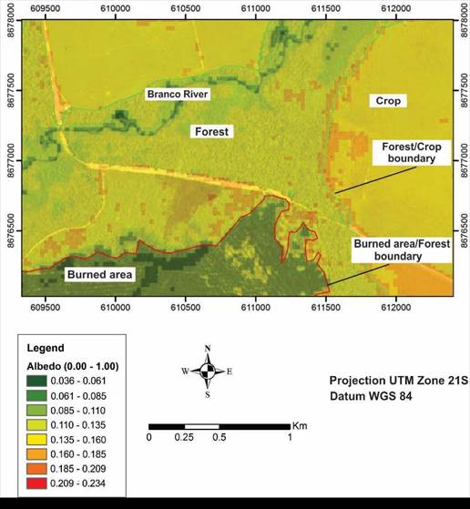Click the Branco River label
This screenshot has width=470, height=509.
179,94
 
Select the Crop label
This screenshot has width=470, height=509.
390,101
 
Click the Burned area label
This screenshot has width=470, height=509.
98,274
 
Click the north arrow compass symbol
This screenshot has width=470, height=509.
209,371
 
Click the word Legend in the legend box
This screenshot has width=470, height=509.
45,348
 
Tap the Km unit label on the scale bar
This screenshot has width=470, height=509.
301,425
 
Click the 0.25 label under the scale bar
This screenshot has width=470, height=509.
185,438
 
